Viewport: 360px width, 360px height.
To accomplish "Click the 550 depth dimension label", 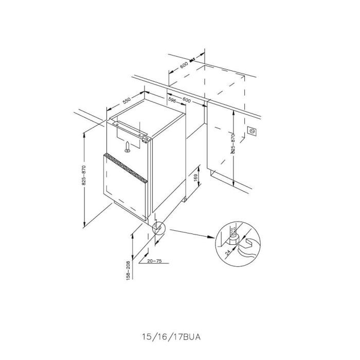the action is (127, 101).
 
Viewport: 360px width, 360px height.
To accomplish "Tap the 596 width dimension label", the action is (172, 100).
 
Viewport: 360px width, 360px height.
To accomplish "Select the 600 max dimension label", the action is (187, 63).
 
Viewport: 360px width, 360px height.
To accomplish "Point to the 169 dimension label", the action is (195, 178).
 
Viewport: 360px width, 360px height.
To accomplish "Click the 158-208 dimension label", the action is (128, 270).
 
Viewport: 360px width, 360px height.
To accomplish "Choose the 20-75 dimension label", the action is (154, 261).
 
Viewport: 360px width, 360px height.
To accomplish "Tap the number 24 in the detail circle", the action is (228, 253).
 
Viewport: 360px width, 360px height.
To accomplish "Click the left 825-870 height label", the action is (83, 175).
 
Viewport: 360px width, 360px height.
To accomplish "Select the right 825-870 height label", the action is (233, 143).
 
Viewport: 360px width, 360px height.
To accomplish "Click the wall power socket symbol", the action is (252, 131).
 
